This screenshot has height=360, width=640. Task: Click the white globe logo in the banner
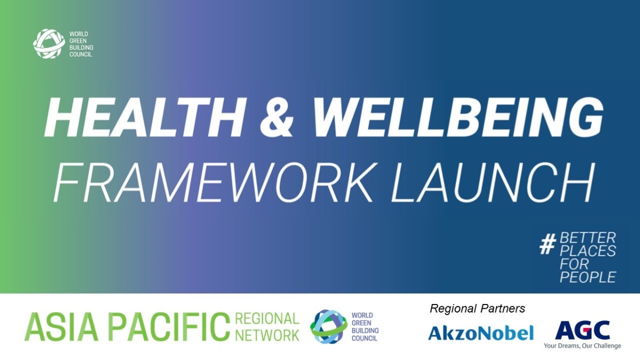click(x=49, y=44)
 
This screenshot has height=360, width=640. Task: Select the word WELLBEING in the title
click(x=458, y=118)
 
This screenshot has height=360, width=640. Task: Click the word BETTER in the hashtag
click(x=587, y=238)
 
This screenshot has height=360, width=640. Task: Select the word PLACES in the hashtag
click(x=587, y=251)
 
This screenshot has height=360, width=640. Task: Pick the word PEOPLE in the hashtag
click(x=587, y=277)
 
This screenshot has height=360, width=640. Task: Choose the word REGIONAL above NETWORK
click(x=267, y=318)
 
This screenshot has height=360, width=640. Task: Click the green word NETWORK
click(x=267, y=334)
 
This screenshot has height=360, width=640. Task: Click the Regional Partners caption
click(x=477, y=309)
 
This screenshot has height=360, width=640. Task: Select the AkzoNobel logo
click(x=481, y=332)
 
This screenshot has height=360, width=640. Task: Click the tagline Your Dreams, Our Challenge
click(x=582, y=346)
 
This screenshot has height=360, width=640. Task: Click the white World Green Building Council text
click(x=81, y=44)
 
